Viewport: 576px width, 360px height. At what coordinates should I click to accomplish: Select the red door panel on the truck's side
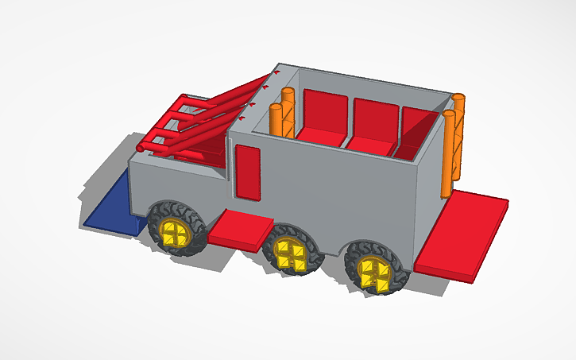coord(248,172)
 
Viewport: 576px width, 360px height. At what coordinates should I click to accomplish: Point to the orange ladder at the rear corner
coord(453,147)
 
